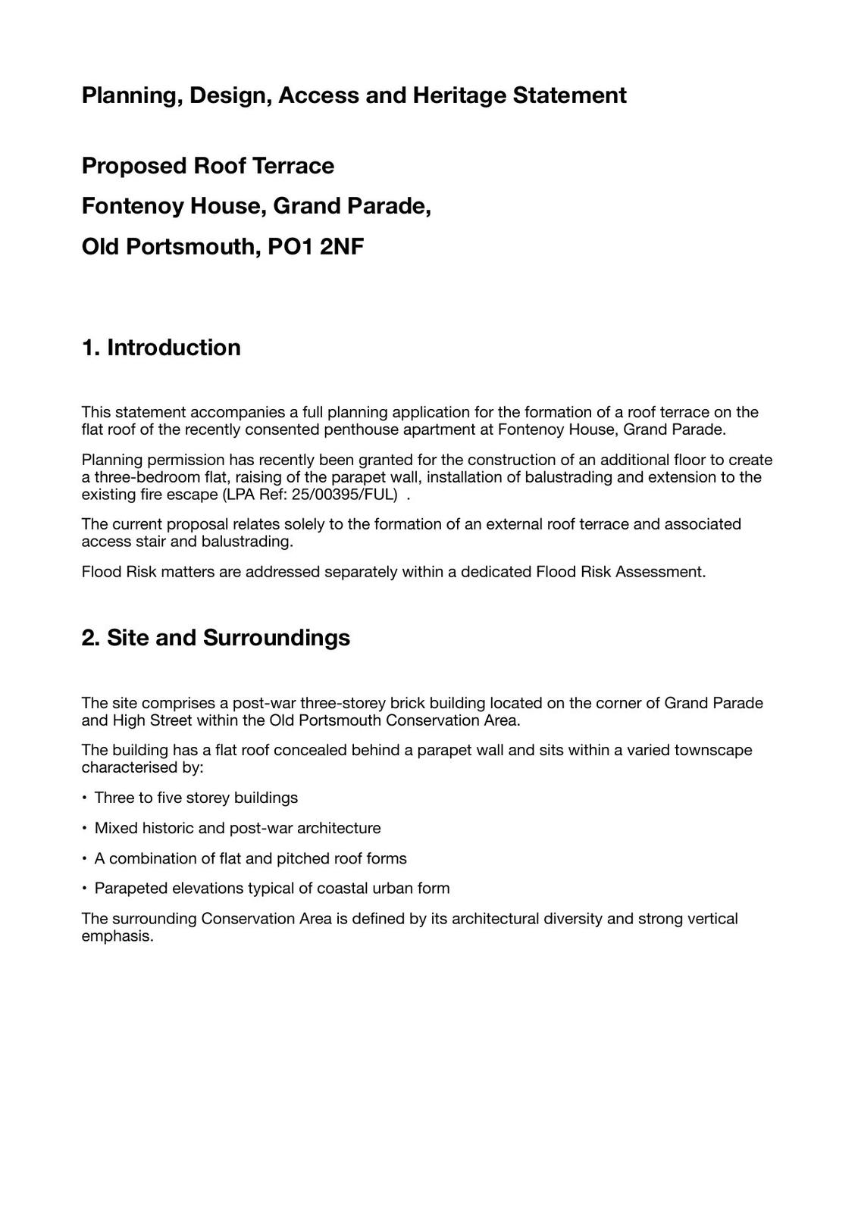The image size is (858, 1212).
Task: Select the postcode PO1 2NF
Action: pyautogui.click(x=316, y=247)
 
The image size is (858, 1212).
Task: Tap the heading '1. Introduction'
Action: pyautogui.click(x=161, y=348)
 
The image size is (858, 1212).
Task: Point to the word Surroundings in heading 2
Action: pyautogui.click(x=276, y=638)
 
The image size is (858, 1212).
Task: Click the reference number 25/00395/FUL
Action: pyautogui.click(x=344, y=495)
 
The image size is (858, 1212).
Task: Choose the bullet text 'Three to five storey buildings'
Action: pyautogui.click(x=196, y=798)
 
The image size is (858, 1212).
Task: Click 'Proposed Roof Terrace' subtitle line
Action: pyautogui.click(x=208, y=166)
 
